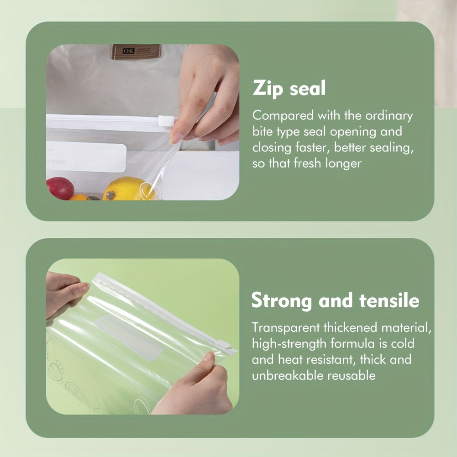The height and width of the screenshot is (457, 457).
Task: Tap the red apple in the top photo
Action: (x=60, y=188)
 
